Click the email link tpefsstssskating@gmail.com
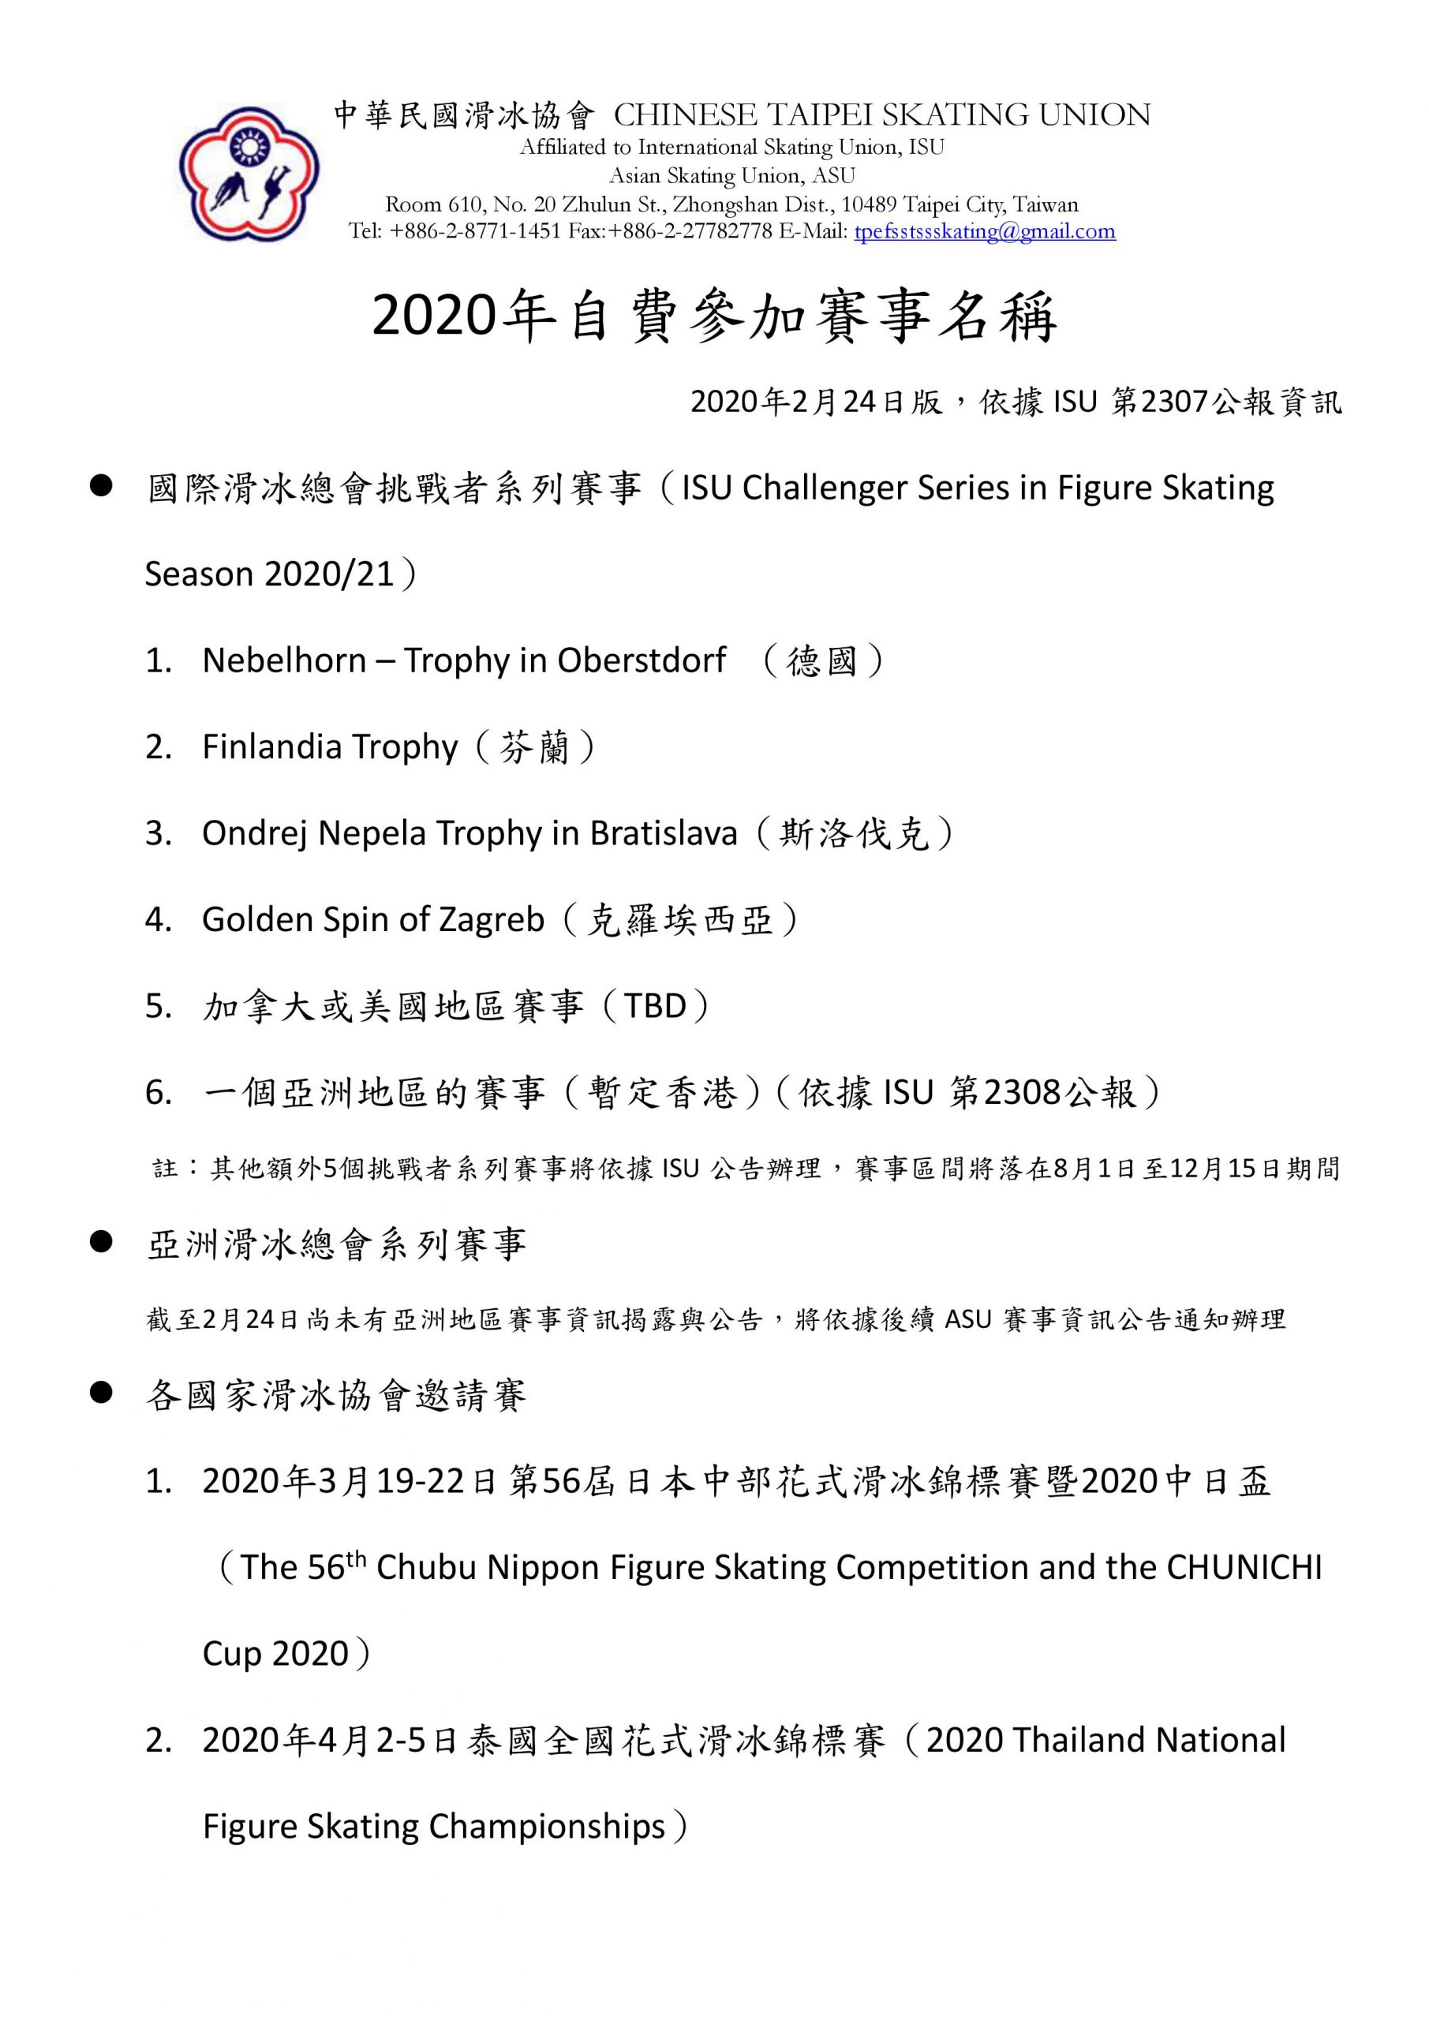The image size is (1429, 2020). click(985, 231)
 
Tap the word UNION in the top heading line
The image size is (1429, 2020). click(1094, 115)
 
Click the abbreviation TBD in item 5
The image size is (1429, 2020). click(655, 1005)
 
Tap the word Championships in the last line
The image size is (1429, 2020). click(547, 1827)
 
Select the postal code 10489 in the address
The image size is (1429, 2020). click(870, 205)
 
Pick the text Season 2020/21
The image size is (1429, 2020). click(268, 574)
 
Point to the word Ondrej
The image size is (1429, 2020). click(255, 832)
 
